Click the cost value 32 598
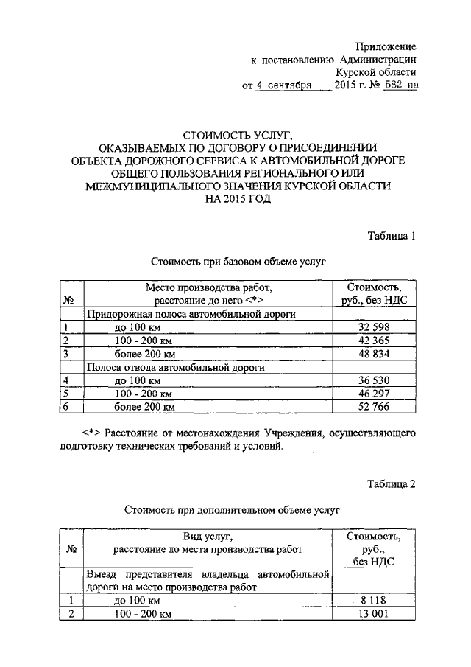click(x=372, y=327)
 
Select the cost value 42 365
click(x=372, y=341)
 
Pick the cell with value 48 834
click(x=372, y=354)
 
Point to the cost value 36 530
click(x=372, y=380)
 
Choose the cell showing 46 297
click(x=372, y=394)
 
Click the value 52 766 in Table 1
click(x=372, y=406)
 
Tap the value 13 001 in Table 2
click(x=372, y=614)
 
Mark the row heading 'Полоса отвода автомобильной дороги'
click(x=176, y=367)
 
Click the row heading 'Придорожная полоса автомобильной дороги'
click(x=191, y=314)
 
